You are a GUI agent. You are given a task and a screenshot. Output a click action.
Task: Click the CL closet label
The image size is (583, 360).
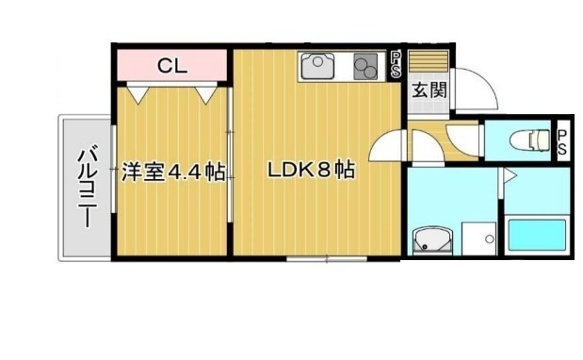[172, 65]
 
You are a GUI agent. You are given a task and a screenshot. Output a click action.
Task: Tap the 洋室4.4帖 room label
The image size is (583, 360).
[172, 172]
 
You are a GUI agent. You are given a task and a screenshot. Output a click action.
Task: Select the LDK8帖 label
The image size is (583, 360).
[311, 172]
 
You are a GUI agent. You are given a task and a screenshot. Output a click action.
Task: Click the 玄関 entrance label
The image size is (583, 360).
[429, 92]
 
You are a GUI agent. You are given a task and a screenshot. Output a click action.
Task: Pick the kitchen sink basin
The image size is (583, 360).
[316, 67]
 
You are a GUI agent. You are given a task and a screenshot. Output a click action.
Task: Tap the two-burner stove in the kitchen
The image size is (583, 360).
[366, 67]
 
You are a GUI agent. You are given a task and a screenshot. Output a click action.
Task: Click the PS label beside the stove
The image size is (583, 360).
[397, 66]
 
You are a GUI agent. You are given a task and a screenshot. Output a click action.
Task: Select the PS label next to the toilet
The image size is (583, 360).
[562, 143]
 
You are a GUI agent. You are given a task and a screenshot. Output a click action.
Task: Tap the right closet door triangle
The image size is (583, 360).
[208, 92]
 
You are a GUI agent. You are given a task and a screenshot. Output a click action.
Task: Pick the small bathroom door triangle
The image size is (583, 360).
[507, 175]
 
